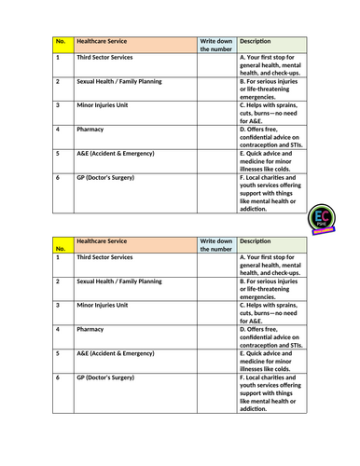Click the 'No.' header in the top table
pyautogui.click(x=61, y=42)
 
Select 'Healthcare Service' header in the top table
pyautogui.click(x=104, y=42)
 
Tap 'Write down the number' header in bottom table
pyautogui.click(x=216, y=245)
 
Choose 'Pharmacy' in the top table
pyautogui.click(x=90, y=129)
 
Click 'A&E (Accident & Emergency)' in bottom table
pyautogui.click(x=115, y=353)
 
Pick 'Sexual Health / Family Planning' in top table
pyautogui.click(x=119, y=81)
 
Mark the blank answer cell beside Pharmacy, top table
pyautogui.click(x=216, y=135)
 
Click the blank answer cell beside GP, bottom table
pyautogui.click(x=216, y=392)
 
